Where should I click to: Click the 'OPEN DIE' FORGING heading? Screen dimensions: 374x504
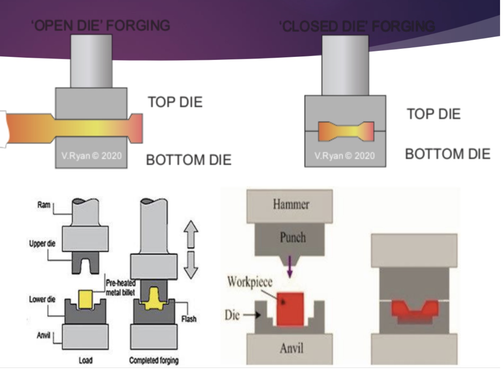coord(101,25)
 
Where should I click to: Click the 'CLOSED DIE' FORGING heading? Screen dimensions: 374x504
coord(357,26)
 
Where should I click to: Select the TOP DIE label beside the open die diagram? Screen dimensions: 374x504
coord(175,102)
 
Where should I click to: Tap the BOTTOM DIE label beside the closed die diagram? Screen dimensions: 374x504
coord(447,154)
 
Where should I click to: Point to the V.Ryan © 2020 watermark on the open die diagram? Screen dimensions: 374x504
coord(91,156)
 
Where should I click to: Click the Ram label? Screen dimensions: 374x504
coord(44,205)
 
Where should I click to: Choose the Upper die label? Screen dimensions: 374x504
coord(42,243)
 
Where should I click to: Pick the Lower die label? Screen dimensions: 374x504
coord(42,299)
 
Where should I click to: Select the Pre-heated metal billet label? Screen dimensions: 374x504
coord(120,288)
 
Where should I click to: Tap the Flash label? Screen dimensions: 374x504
coord(189,319)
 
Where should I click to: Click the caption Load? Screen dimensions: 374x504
coord(86,361)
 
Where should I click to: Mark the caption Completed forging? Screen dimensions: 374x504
coord(154,361)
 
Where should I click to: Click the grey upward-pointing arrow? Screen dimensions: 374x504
coord(191,234)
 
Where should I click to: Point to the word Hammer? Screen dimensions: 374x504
coord(291,204)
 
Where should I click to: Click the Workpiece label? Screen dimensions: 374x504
coord(250,282)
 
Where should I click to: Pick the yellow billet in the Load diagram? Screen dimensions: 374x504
coord(85,299)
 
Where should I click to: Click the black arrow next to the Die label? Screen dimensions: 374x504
coord(254,314)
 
